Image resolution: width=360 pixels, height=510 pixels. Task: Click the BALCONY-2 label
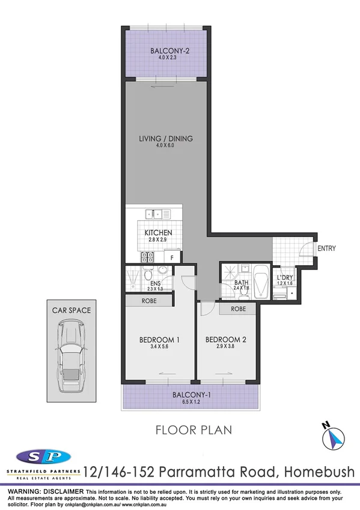point(166,51)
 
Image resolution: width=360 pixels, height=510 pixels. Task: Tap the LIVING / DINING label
point(166,139)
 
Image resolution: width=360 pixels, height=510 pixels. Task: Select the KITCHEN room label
point(159,233)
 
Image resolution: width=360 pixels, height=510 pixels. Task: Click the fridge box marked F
point(172,258)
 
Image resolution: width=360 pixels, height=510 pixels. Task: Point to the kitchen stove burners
point(147,257)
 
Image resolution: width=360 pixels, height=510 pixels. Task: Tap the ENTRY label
point(326,248)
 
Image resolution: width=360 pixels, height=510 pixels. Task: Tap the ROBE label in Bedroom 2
point(239,309)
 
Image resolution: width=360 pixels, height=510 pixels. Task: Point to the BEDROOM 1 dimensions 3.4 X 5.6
point(160,347)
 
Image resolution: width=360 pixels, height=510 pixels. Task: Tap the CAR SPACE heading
point(70,310)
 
